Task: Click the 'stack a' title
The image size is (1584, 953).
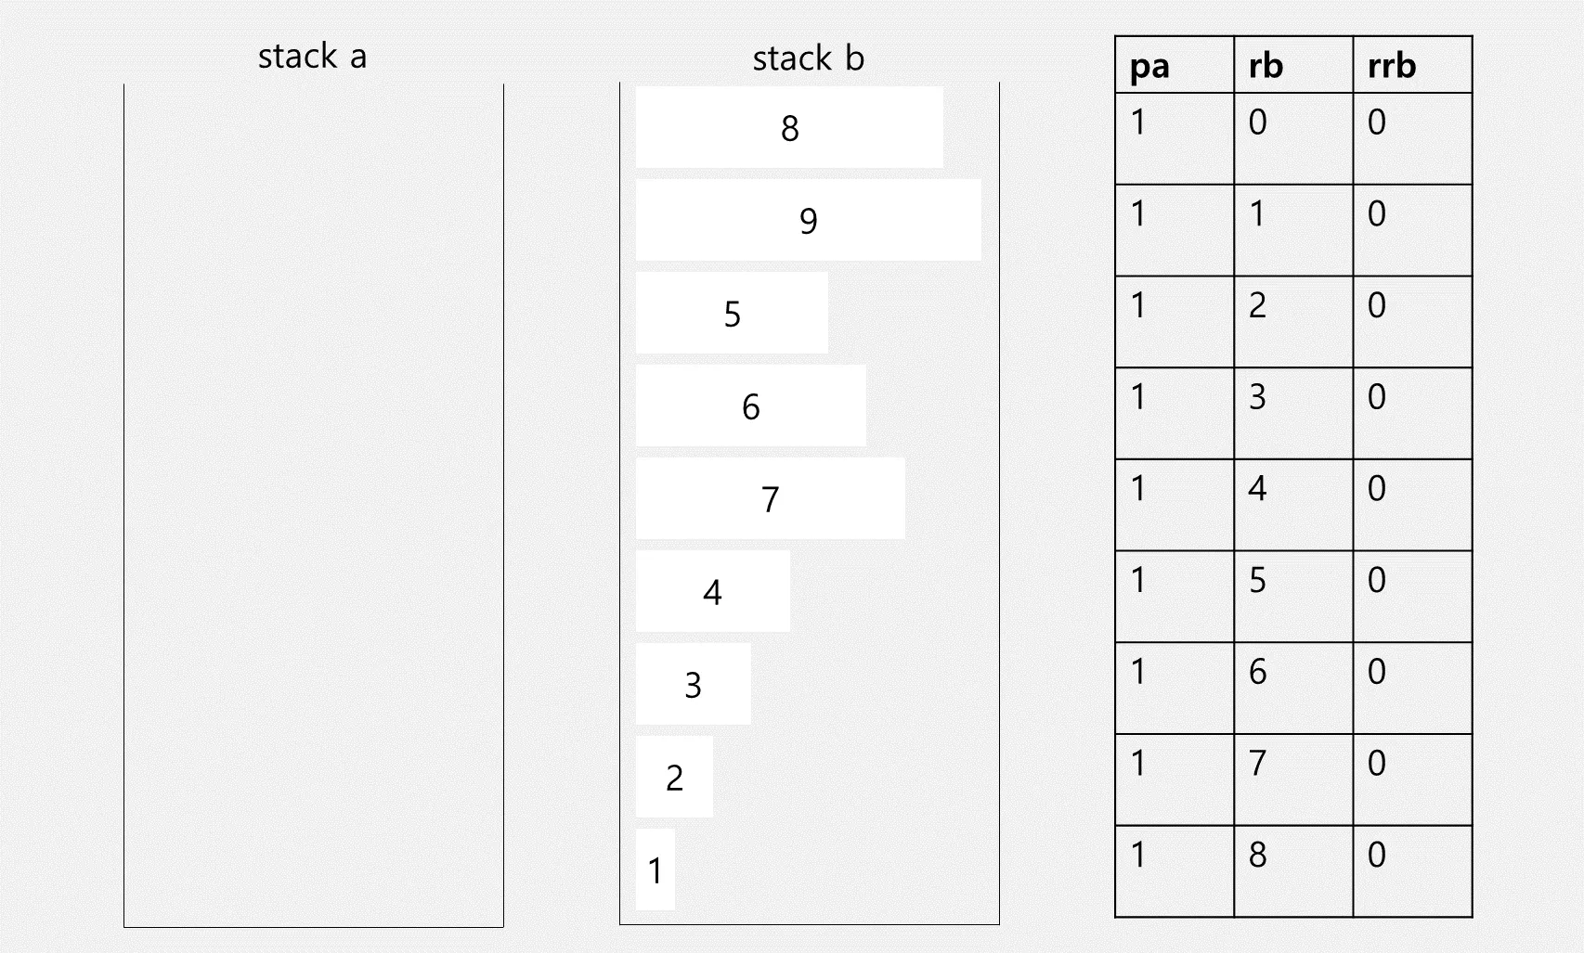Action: pyautogui.click(x=312, y=57)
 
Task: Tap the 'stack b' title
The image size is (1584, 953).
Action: pyautogui.click(x=808, y=58)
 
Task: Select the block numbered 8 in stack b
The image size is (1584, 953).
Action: pyautogui.click(x=789, y=127)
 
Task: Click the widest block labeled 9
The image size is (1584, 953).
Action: pyautogui.click(x=808, y=220)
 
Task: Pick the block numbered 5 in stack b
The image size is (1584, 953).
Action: pyautogui.click(x=732, y=313)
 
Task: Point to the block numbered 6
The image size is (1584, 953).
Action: pyautogui.click(x=750, y=406)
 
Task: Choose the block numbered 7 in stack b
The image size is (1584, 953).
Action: pyautogui.click(x=770, y=498)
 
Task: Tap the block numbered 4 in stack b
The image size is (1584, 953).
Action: pyautogui.click(x=712, y=591)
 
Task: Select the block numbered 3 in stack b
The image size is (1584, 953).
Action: pyautogui.click(x=693, y=684)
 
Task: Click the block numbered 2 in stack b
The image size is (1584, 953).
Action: pyautogui.click(x=674, y=777)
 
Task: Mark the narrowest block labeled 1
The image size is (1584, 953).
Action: pyautogui.click(x=655, y=869)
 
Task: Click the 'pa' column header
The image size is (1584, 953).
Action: pyautogui.click(x=1174, y=66)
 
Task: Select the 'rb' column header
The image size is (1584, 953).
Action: pyautogui.click(x=1292, y=66)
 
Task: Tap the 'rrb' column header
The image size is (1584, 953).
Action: pyautogui.click(x=1411, y=66)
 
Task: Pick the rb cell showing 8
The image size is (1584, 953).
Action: pyautogui.click(x=1292, y=870)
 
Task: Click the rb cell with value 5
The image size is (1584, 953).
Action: pyautogui.click(x=1292, y=596)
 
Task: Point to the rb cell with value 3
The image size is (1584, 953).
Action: pyautogui.click(x=1292, y=413)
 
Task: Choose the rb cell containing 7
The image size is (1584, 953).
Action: pyautogui.click(x=1292, y=779)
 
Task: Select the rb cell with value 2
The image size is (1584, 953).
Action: pyautogui.click(x=1292, y=321)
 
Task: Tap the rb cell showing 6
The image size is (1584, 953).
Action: pyautogui.click(x=1292, y=688)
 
